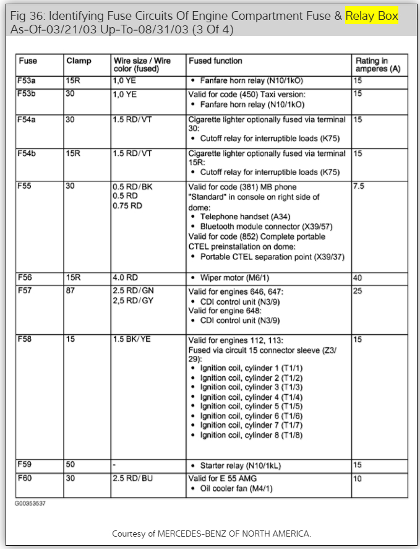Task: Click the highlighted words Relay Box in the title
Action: click(371, 16)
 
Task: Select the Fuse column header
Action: click(28, 61)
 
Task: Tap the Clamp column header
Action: click(79, 61)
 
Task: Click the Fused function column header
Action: click(215, 61)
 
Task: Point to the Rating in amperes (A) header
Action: click(378, 66)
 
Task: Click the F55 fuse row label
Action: click(25, 187)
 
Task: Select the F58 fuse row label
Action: click(25, 339)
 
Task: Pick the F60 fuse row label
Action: click(25, 478)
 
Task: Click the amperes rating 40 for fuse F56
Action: click(358, 278)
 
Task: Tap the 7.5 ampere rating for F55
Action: click(359, 187)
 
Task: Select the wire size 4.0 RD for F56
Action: click(126, 278)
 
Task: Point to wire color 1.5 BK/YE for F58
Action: click(132, 339)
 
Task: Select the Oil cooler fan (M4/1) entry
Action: click(236, 489)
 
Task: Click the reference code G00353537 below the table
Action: click(30, 503)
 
